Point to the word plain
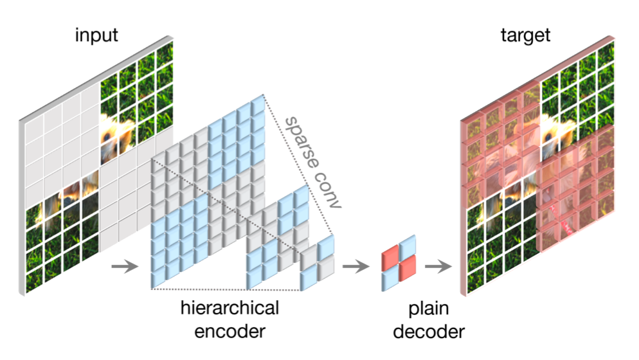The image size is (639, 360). click(428, 309)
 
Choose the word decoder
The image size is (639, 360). click(428, 332)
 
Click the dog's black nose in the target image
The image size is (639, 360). click(548, 137)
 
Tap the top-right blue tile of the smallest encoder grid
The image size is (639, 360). click(325, 246)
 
